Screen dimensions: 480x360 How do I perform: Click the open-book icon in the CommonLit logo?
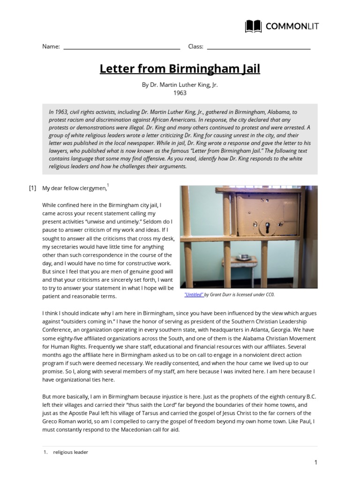[x=254, y=26]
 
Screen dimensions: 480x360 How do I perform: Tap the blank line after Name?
[x=121, y=48]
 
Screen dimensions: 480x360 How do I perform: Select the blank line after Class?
[x=258, y=48]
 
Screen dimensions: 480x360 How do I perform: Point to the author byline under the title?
[x=180, y=85]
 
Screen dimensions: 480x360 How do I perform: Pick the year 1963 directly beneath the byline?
[x=180, y=93]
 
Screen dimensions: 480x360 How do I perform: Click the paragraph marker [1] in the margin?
[x=32, y=188]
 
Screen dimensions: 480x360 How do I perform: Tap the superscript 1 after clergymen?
[x=108, y=186]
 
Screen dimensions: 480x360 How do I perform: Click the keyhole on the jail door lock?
[x=267, y=228]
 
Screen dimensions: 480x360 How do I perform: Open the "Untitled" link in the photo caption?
[x=194, y=294]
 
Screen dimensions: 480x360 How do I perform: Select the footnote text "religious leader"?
[x=70, y=452]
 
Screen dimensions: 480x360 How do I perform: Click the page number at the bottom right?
[x=316, y=463]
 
